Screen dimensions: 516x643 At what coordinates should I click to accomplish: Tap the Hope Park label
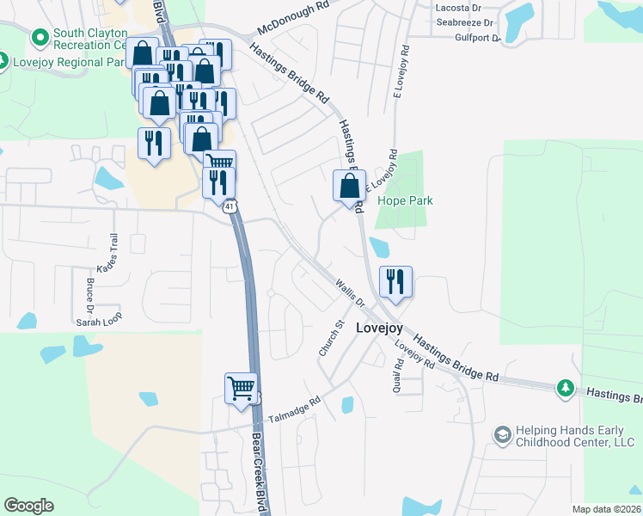click(x=405, y=200)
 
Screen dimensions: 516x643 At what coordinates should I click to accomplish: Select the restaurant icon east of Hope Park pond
click(x=395, y=281)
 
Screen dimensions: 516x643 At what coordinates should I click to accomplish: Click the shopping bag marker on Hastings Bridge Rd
click(x=349, y=186)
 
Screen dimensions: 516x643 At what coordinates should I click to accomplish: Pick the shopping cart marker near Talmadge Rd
click(x=242, y=388)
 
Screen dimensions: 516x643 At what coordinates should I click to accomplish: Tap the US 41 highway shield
click(x=229, y=207)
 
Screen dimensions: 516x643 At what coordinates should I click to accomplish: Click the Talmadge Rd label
click(x=293, y=409)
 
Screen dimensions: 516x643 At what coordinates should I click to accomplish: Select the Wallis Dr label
click(x=351, y=293)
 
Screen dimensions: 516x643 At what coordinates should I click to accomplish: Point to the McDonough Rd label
click(x=298, y=15)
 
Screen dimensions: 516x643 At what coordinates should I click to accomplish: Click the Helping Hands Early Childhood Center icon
click(x=501, y=436)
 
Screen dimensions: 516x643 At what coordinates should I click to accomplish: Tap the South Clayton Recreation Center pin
click(x=39, y=38)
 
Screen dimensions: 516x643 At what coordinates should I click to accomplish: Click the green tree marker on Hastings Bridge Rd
click(x=565, y=389)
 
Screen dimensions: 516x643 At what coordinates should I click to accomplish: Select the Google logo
click(x=28, y=506)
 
